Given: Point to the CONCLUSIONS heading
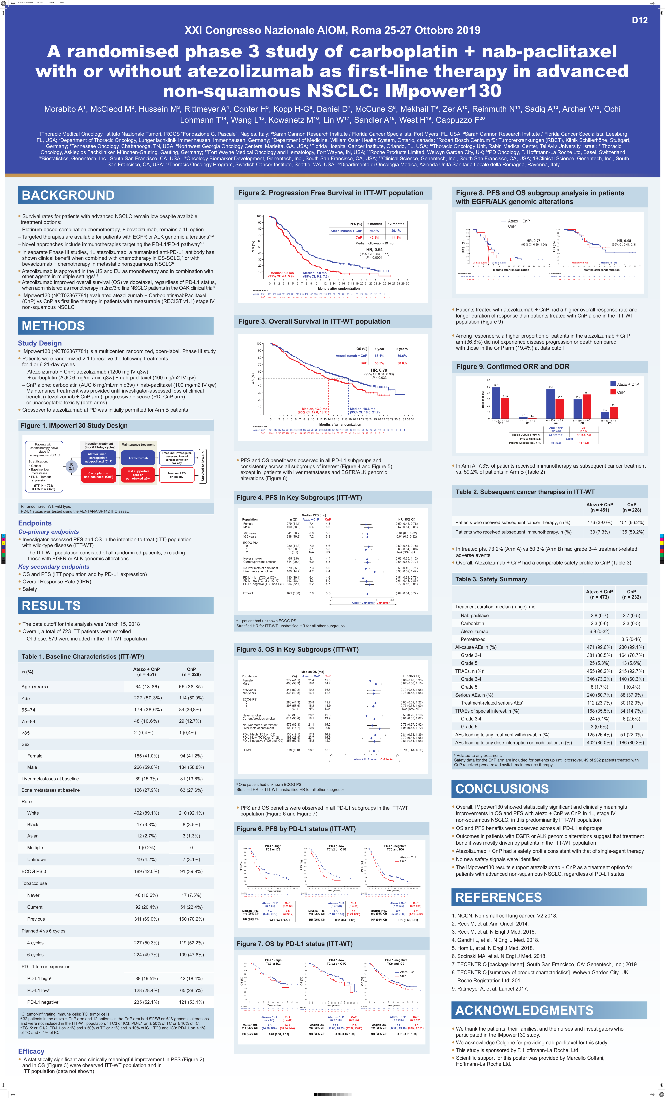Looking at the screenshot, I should point(502,789).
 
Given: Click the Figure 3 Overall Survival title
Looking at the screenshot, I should point(314,321).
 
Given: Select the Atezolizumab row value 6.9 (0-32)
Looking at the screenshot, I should point(599,631).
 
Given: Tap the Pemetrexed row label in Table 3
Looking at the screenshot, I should point(473,640).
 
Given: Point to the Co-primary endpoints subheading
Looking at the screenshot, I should point(48,532).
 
